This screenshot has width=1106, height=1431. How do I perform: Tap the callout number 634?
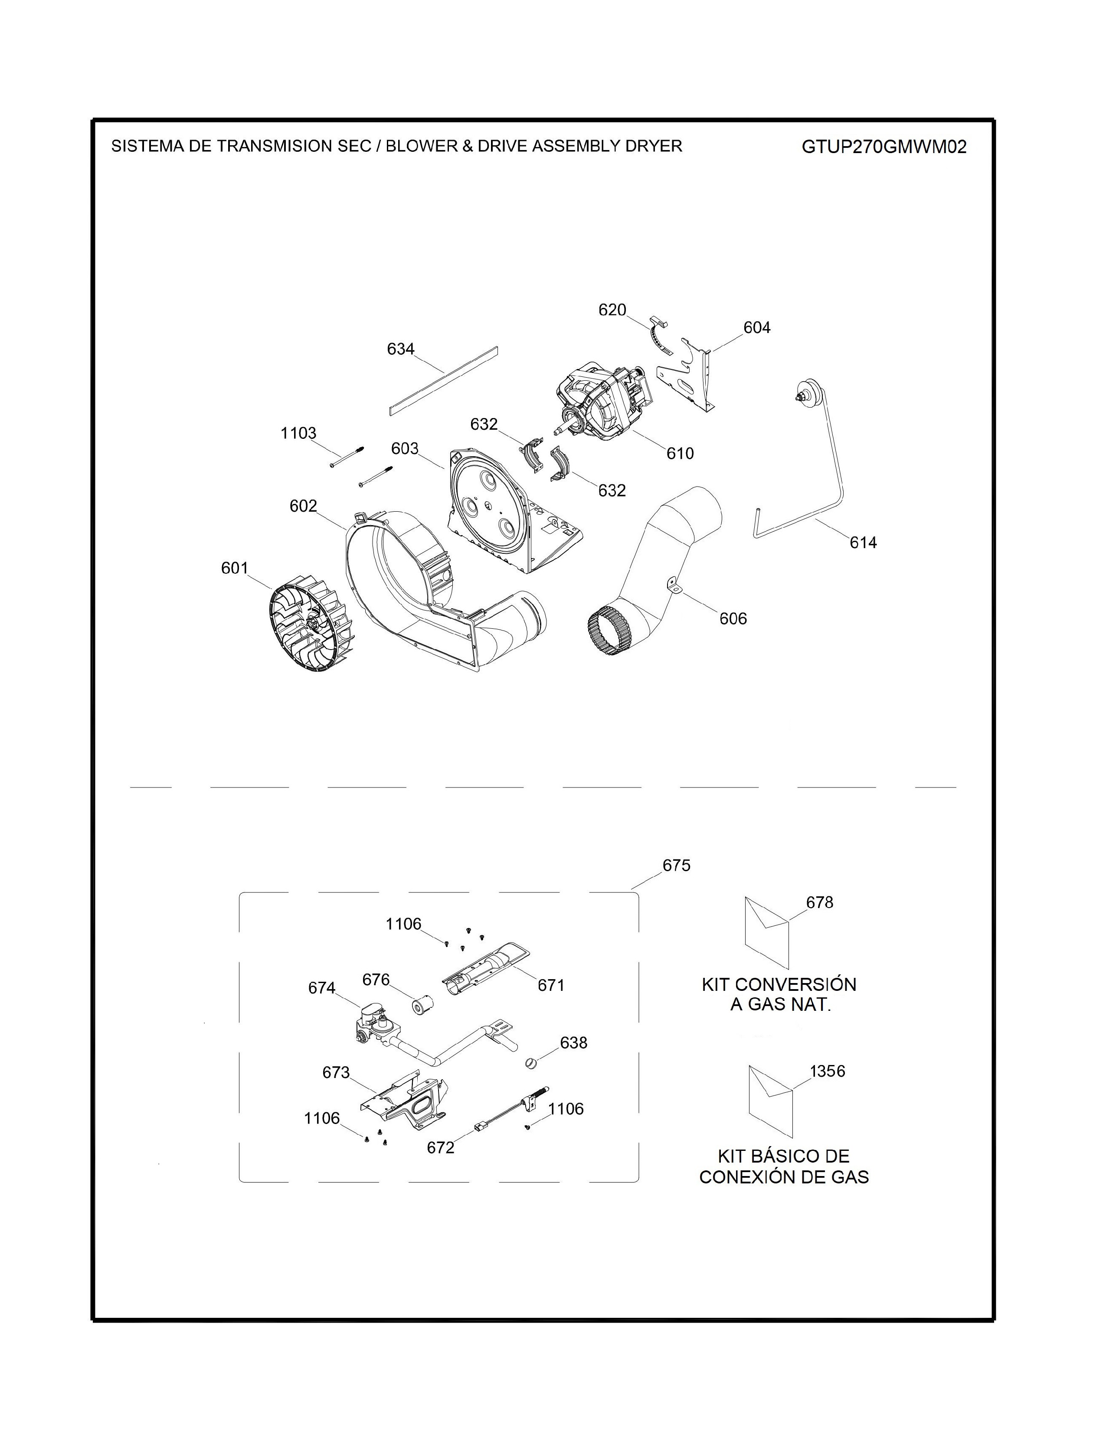pos(400,349)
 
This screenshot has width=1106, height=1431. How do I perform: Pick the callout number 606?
pos(733,618)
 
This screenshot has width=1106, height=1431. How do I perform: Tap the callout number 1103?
pos(298,433)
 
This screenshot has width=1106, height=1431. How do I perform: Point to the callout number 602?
pos(303,506)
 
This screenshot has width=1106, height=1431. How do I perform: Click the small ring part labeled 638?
pos(532,1063)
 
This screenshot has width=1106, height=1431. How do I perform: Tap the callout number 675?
pos(676,866)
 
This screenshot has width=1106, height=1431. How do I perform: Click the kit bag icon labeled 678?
pos(766,932)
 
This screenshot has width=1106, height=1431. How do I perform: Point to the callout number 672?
pos(440,1147)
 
